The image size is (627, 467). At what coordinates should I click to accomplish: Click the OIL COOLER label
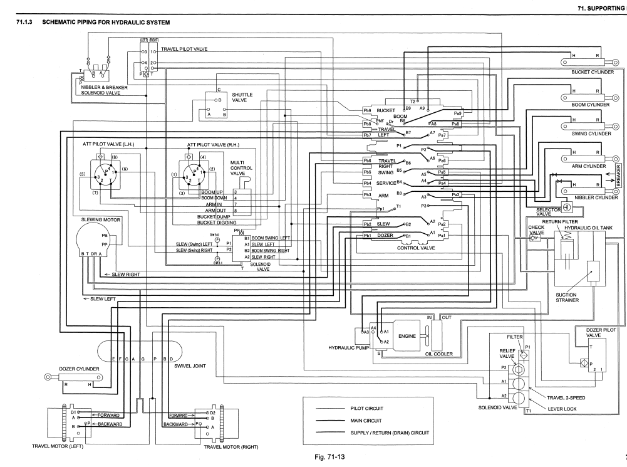pos(438,354)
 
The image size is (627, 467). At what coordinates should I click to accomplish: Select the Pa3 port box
pos(456,195)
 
